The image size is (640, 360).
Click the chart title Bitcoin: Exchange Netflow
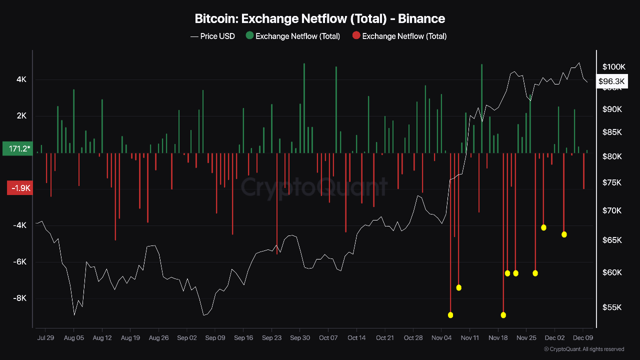pyautogui.click(x=319, y=19)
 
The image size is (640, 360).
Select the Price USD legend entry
pyautogui.click(x=212, y=36)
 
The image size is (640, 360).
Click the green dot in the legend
pyautogui.click(x=249, y=35)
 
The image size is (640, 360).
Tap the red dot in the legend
pyautogui.click(x=356, y=35)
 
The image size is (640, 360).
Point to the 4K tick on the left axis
pyautogui.click(x=21, y=79)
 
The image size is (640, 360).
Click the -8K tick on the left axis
pyautogui.click(x=19, y=298)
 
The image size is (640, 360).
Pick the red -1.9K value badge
pyautogui.click(x=19, y=188)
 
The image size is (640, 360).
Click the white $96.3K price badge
pyautogui.click(x=611, y=81)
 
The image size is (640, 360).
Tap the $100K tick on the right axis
pyautogui.click(x=614, y=67)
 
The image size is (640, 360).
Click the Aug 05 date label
pyautogui.click(x=73, y=337)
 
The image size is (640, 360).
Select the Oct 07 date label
pyautogui.click(x=328, y=337)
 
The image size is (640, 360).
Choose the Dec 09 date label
pyautogui.click(x=582, y=337)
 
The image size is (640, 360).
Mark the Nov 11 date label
pyautogui.click(x=469, y=337)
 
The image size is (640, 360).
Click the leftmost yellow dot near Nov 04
pyautogui.click(x=450, y=315)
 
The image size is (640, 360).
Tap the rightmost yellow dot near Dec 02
pyautogui.click(x=564, y=234)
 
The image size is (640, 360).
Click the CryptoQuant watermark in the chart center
pyautogui.click(x=314, y=187)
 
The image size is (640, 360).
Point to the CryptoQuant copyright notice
pyautogui.click(x=583, y=349)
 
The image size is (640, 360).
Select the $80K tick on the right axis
pyautogui.click(x=612, y=156)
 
